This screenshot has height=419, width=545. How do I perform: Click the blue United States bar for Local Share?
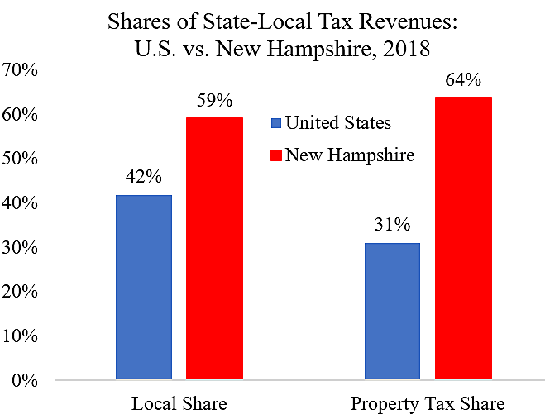144,288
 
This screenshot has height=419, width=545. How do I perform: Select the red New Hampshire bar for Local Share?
214,249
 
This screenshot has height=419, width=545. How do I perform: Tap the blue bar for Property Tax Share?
392,312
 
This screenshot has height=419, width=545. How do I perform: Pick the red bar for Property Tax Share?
463,239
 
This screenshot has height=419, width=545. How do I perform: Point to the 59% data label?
214,102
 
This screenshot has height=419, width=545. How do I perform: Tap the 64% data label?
463,80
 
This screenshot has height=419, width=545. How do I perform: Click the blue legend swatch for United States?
276,125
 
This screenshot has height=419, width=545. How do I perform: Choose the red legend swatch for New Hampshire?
276,155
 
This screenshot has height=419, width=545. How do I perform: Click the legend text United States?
338,124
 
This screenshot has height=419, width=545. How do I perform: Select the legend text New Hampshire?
350,155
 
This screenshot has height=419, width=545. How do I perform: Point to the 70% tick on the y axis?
20,69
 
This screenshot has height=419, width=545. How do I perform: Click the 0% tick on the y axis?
25,381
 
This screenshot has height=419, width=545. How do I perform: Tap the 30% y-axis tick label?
20,247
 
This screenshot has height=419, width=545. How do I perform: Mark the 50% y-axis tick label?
20,158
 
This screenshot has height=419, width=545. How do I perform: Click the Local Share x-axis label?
179,404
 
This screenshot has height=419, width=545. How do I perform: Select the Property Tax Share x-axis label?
428,404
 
